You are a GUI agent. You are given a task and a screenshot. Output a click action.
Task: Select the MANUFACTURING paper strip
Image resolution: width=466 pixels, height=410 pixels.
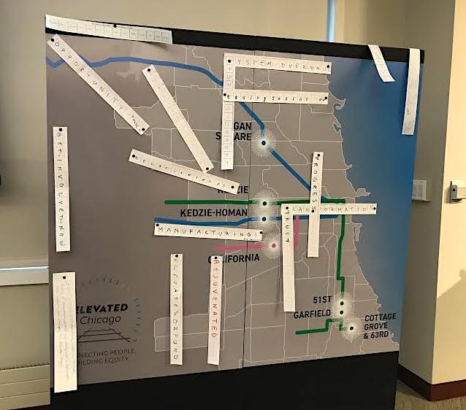coord(208,233)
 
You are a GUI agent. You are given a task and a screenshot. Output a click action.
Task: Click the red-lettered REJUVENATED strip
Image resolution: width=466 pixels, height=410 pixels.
coord(215,309)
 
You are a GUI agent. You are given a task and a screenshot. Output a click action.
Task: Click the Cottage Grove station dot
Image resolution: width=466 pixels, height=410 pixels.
coord(351,328)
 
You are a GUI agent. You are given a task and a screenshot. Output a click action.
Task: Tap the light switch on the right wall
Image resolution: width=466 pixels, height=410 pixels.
coord(457,191)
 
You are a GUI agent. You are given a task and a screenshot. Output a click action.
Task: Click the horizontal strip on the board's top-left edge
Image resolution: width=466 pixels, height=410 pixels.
coord(108,28)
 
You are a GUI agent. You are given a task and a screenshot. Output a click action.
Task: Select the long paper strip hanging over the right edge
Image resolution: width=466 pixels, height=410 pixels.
coord(411,91)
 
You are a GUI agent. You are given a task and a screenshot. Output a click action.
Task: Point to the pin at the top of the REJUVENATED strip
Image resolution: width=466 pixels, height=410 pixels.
coord(215,258)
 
